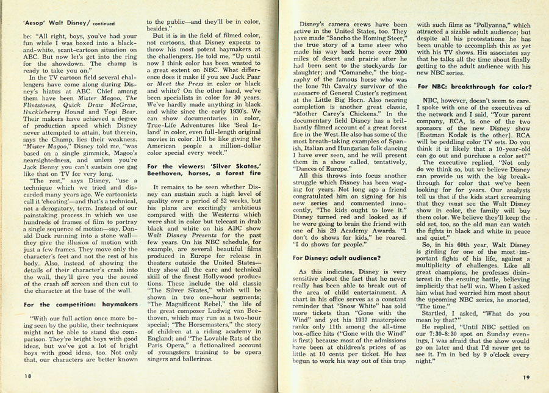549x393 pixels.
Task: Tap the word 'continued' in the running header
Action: pyautogui.click(x=104, y=24)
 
